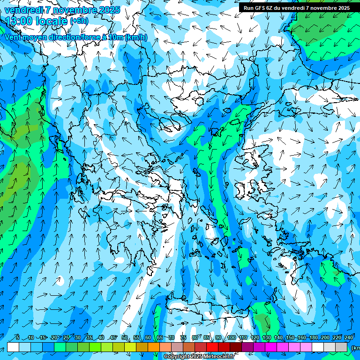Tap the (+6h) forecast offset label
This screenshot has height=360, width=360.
click(79, 21)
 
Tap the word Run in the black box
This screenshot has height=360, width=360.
click(249, 8)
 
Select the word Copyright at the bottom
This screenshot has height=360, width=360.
click(177, 357)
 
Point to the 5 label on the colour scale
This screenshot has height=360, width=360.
click(18, 338)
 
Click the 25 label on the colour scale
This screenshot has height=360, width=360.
click(66, 338)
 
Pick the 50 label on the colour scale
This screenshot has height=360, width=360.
click(125, 338)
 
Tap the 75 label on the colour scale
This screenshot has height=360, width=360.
click(183, 338)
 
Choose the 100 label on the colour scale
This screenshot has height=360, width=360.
click(231, 338)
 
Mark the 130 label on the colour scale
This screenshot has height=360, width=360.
click(266, 338)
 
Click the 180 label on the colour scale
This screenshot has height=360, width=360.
click(313, 338)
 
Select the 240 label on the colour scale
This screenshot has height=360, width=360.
click(348, 338)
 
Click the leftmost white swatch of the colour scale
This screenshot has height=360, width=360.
click(13, 347)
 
